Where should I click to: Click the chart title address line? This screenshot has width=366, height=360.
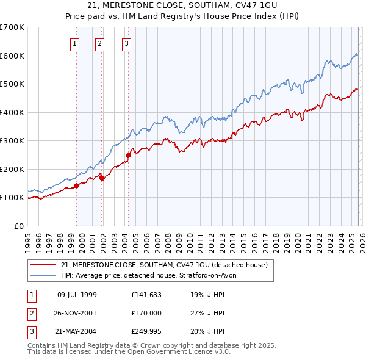(x=183, y=5)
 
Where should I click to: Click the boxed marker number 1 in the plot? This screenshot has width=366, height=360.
(x=74, y=43)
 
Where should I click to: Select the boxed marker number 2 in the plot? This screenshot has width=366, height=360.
(x=99, y=43)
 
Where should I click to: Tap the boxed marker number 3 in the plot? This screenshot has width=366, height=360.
(x=126, y=43)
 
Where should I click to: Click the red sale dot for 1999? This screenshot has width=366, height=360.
(x=77, y=185)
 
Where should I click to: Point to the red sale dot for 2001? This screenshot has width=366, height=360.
(x=102, y=178)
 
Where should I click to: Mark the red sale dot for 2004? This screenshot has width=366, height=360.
(x=129, y=155)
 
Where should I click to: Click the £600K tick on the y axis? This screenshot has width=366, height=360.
(x=12, y=56)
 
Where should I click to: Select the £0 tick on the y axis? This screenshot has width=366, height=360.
(x=19, y=226)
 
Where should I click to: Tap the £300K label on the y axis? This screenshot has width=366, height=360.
(x=12, y=141)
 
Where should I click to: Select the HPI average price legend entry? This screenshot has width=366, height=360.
(x=152, y=276)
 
